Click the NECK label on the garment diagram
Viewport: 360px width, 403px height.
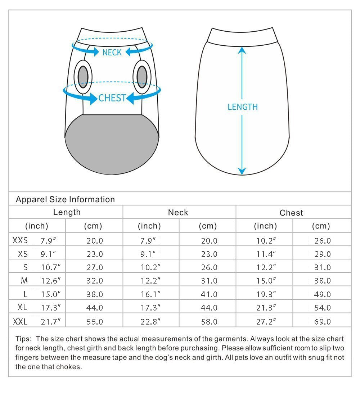pos(112,53)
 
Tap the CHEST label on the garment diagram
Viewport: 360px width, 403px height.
pos(112,98)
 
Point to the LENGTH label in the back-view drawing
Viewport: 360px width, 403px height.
pos(243,107)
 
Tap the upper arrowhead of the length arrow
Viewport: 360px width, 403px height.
pos(242,51)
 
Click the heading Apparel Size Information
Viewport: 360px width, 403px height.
pos(65,199)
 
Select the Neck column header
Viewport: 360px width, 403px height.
pos(178,213)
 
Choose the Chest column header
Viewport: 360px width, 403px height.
pos(291,213)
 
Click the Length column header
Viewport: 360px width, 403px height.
pos(67,212)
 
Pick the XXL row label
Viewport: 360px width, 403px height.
pos(20,321)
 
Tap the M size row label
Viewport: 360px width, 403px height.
pos(24,281)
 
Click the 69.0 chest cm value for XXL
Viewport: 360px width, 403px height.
pos(322,322)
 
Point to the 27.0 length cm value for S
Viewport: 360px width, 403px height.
pos(95,267)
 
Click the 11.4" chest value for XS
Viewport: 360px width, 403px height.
pos(266,254)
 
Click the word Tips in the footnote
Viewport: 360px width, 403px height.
pos(23,339)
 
